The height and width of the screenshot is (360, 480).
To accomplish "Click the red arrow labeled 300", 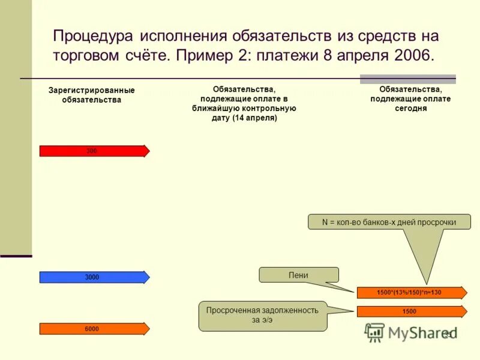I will pyautogui.click(x=94, y=151).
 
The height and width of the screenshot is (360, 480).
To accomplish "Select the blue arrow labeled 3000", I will pyautogui.click(x=94, y=277).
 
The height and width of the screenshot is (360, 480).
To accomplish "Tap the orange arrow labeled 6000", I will pyautogui.click(x=94, y=328).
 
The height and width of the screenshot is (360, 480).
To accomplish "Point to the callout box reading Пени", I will pyautogui.click(x=299, y=275).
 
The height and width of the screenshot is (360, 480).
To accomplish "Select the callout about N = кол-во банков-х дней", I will pyautogui.click(x=389, y=222).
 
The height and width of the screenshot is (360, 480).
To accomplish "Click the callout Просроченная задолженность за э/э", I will pyautogui.click(x=263, y=316).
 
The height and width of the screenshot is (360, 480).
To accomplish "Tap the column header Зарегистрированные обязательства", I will pyautogui.click(x=92, y=95).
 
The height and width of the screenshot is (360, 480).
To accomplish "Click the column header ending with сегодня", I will pyautogui.click(x=410, y=99).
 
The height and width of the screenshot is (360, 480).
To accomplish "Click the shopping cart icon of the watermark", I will pyautogui.click(x=375, y=332).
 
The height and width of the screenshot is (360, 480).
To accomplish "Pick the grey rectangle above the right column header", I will pyautogui.click(x=407, y=79).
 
